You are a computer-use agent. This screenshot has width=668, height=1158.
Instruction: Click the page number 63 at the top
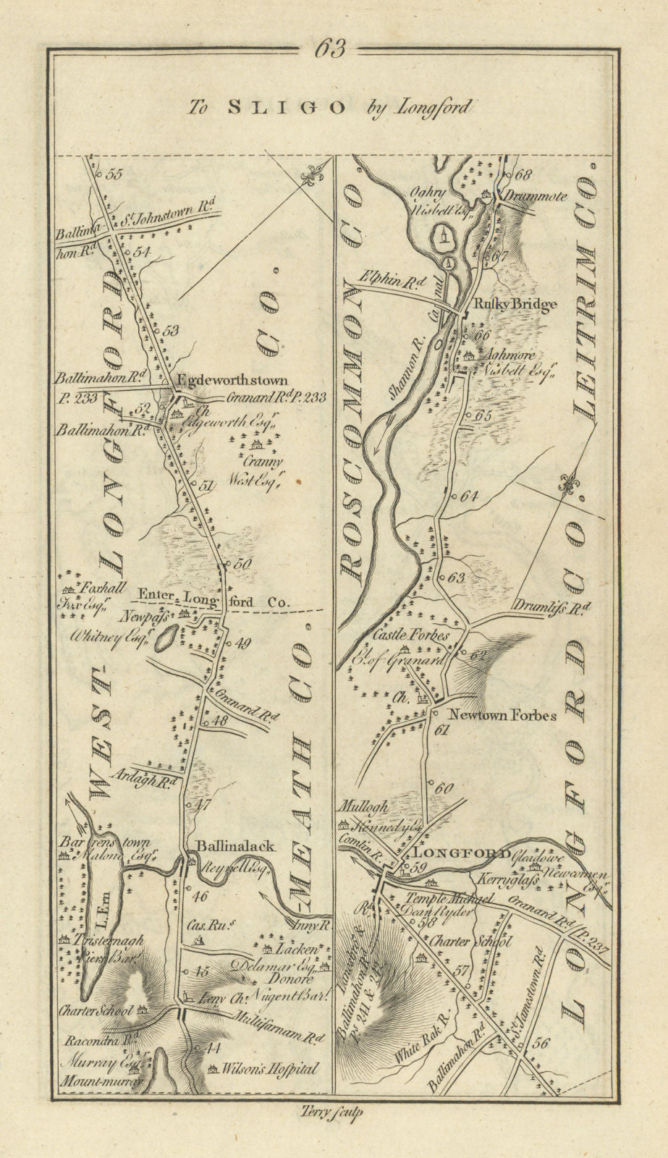coord(334,49)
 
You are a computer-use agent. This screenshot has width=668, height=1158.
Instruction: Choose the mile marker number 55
coord(114,174)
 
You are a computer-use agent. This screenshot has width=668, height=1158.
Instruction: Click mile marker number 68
coord(524,174)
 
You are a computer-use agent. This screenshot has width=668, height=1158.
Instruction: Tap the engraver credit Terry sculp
coord(334,1114)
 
